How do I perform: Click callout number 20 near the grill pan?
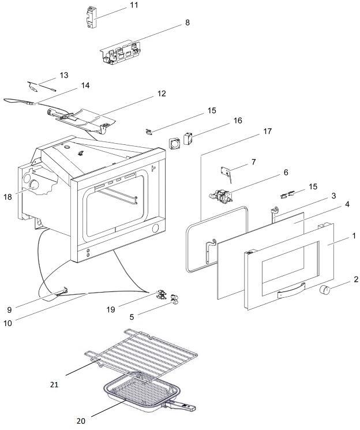81,421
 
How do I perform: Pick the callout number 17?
267,132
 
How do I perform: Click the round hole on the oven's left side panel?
35,186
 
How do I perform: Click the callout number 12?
162,93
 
